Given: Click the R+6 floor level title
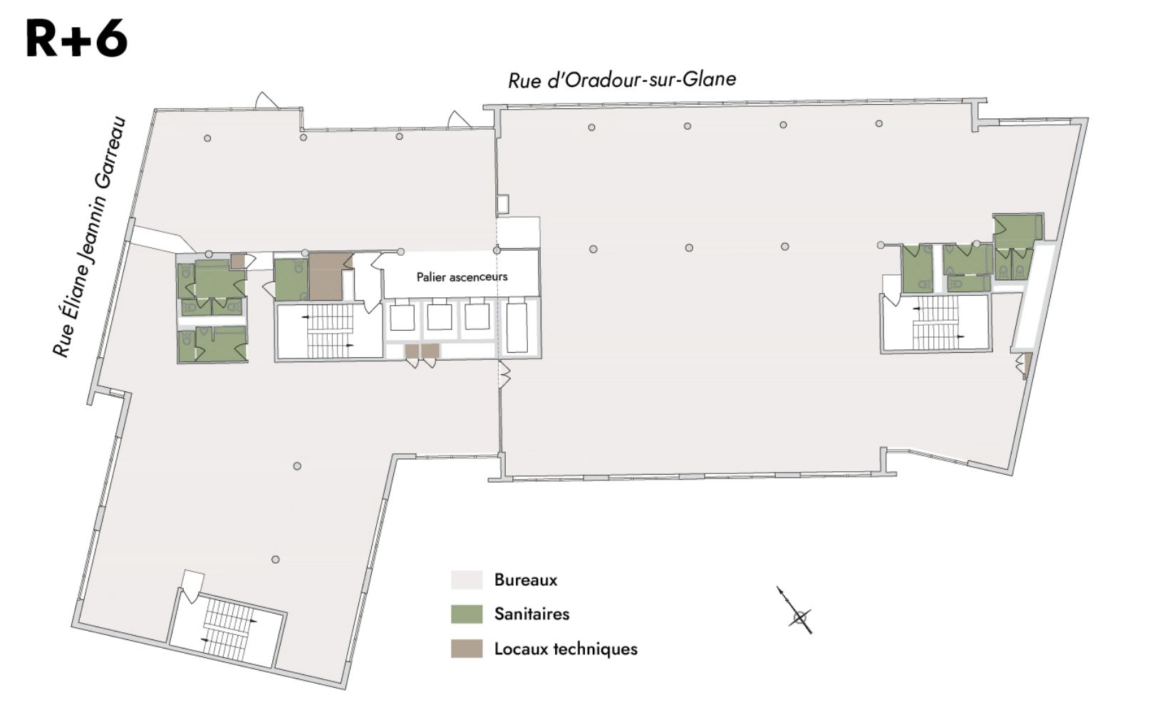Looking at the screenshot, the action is point(76,38).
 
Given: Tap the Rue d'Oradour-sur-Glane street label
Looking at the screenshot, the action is point(622,80).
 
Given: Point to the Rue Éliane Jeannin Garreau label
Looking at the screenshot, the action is point(90,237).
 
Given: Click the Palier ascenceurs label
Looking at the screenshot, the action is point(462,277).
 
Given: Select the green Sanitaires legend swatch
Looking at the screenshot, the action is point(467,614).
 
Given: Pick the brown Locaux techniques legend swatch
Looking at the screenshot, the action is point(467,649).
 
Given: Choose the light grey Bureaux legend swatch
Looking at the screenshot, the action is point(467,579).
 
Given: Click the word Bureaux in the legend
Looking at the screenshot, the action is point(526,579).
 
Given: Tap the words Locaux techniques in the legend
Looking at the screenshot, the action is point(566,649).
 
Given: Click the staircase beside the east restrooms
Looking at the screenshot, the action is point(935,322).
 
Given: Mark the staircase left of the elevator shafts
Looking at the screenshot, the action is point(330,331).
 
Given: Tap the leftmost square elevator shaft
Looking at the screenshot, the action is point(402,317).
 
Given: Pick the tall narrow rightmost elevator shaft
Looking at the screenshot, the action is point(517,328).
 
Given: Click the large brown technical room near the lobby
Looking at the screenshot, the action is point(326,276).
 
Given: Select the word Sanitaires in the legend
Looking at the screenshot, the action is point(531,614).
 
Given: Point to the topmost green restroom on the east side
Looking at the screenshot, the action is point(1015,230).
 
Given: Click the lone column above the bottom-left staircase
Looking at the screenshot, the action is point(276,560).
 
